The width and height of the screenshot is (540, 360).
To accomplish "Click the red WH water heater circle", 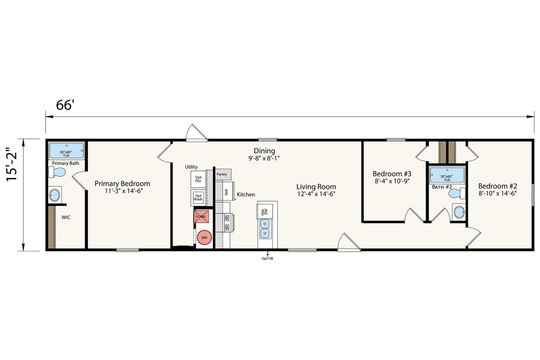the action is point(205,238).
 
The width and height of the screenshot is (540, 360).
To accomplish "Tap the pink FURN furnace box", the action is point(201,216).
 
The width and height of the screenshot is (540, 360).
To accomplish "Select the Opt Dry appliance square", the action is point(198,179).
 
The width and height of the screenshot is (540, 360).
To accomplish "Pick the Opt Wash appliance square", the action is point(198,198).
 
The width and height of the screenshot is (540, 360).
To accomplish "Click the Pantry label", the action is point(221,174).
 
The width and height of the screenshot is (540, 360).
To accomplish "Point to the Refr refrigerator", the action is point(225,191).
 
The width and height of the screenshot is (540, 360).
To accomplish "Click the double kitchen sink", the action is point(265,228).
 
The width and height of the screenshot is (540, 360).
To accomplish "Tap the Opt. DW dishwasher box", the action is point(265,212).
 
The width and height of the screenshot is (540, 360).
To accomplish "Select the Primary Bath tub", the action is point(66,151).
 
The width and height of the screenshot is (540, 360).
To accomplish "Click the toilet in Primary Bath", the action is point(57,172).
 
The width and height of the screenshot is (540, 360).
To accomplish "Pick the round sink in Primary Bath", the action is point(54,195).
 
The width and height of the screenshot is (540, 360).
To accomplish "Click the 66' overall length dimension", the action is point(65,105).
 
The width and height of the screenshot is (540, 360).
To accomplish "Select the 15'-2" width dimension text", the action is point(11,164).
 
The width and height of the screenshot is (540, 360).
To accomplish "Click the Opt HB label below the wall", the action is point(267,258).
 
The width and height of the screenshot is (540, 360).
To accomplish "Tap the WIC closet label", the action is point(66,218).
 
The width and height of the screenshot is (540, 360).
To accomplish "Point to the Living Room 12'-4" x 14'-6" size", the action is point(316,194).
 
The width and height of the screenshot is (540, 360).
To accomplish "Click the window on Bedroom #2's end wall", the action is point(533,195).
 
